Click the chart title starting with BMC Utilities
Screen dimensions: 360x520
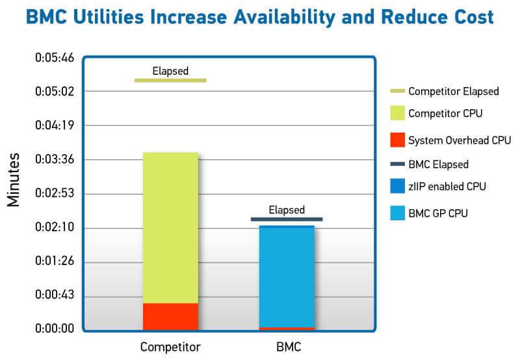coord(260,17)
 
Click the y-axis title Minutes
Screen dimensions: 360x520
coord(14,180)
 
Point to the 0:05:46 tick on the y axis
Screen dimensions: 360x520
coord(55,58)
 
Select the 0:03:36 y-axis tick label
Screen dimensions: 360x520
coord(55,160)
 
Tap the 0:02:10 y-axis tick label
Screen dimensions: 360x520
coord(55,228)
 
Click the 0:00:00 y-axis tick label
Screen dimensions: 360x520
coord(55,329)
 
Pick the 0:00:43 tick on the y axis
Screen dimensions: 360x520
coord(55,296)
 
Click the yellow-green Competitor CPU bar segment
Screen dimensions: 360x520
coord(170,227)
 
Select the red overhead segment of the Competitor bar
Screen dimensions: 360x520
coord(170,316)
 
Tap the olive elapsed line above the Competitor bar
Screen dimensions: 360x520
coord(170,80)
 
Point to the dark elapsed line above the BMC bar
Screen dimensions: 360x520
coord(287,219)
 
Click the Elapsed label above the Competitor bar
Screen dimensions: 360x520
coord(170,71)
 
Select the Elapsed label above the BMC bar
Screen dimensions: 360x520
coord(287,210)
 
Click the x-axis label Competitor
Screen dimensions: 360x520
coord(170,346)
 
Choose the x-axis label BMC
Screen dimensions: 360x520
coord(287,346)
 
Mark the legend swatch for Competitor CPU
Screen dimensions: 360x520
coord(397,113)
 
